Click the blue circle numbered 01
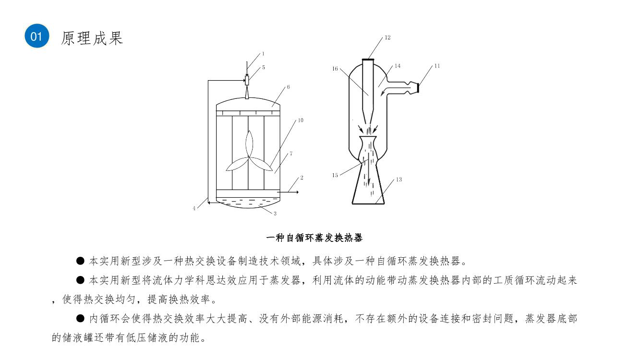37,36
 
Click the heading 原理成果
92,38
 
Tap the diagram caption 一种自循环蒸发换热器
314,238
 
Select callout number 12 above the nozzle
387,37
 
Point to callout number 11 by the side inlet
437,66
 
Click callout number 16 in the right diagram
335,69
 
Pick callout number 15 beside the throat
335,175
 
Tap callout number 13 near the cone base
399,180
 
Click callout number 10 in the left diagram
301,120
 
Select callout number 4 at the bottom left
194,208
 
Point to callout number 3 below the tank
275,214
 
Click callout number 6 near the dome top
288,87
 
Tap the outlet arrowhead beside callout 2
297,192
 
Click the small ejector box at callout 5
247,81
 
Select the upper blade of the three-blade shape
250,144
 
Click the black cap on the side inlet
418,88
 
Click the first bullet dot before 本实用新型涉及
80,261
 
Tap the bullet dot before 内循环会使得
80,318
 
